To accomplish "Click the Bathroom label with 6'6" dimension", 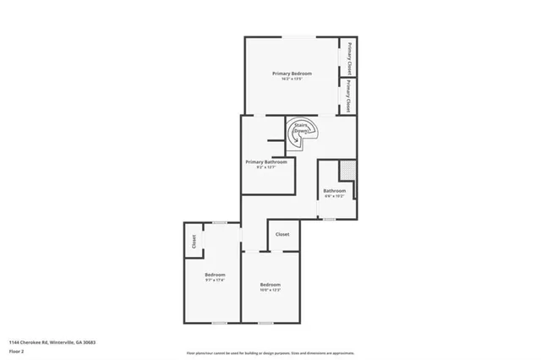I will pyautogui.click(x=335, y=191).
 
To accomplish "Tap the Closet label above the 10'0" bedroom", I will pyautogui.click(x=282, y=234).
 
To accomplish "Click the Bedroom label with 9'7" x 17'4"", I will pyautogui.click(x=215, y=275).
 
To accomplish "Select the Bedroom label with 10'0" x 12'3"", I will pyautogui.click(x=270, y=285).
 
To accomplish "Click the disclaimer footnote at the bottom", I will pyautogui.click(x=270, y=353).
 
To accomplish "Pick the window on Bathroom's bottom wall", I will pyautogui.click(x=329, y=220).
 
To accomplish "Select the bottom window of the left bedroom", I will pyautogui.click(x=218, y=323).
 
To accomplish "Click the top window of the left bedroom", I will pyautogui.click(x=218, y=222).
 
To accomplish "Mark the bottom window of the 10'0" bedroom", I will pyautogui.click(x=265, y=323).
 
